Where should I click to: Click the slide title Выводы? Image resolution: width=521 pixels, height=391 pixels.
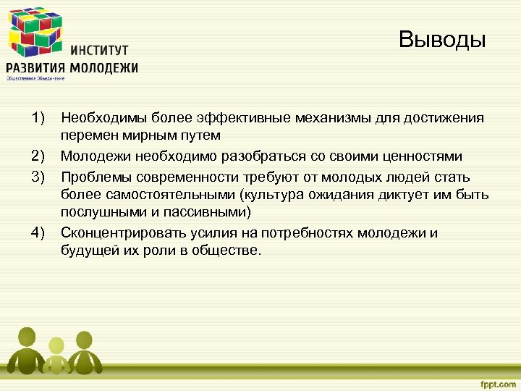(442, 39)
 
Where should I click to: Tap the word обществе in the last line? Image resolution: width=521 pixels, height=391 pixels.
(229, 251)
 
